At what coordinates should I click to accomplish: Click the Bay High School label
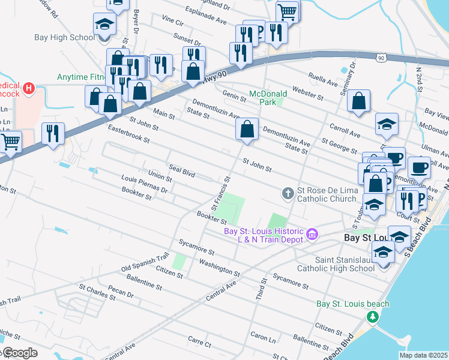pyautogui.click(x=65, y=38)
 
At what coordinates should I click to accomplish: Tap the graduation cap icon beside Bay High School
pyautogui.click(x=104, y=25)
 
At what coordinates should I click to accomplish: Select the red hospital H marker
pyautogui.click(x=28, y=90)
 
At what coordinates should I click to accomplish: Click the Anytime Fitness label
pyautogui.click(x=80, y=77)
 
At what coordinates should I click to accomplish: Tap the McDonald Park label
pyautogui.click(x=268, y=98)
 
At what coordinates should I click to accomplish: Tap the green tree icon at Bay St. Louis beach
pyautogui.click(x=373, y=316)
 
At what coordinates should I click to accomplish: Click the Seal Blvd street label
pyautogui.click(x=182, y=172)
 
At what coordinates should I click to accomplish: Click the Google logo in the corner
pyautogui.click(x=19, y=353)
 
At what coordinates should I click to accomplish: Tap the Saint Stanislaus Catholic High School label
pyautogui.click(x=345, y=264)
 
